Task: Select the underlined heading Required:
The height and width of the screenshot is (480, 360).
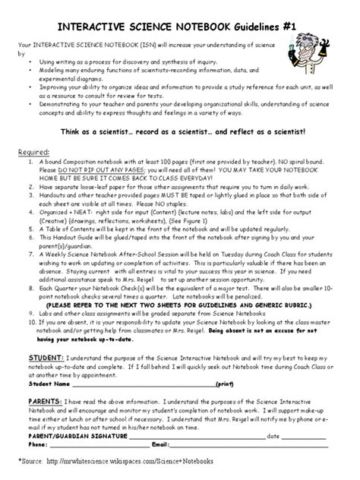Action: tap(33, 152)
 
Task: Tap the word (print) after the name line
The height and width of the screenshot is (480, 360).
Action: tap(225, 384)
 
